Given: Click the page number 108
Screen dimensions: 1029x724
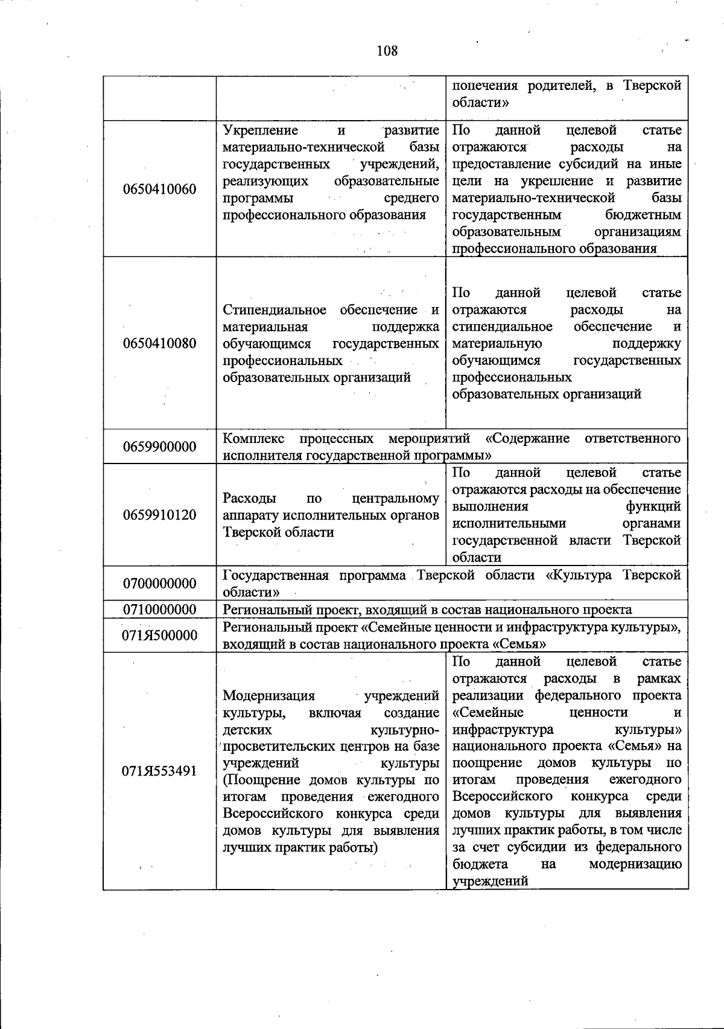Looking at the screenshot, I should click(387, 51).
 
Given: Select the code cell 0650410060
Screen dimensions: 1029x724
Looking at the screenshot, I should click(159, 190).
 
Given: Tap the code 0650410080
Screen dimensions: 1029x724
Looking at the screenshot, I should click(159, 343).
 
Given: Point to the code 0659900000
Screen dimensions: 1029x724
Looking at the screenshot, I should click(159, 447).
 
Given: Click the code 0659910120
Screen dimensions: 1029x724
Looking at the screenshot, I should click(159, 515).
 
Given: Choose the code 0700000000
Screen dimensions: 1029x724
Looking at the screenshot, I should click(159, 584).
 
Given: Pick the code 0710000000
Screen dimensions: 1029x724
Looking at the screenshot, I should click(159, 610).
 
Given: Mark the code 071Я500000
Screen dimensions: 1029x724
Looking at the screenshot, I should click(159, 636).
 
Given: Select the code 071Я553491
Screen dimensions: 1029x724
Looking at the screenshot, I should click(159, 771).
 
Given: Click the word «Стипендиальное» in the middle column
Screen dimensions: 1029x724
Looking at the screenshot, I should click(275, 310).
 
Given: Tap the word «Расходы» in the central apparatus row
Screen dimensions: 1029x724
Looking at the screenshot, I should click(249, 499).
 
